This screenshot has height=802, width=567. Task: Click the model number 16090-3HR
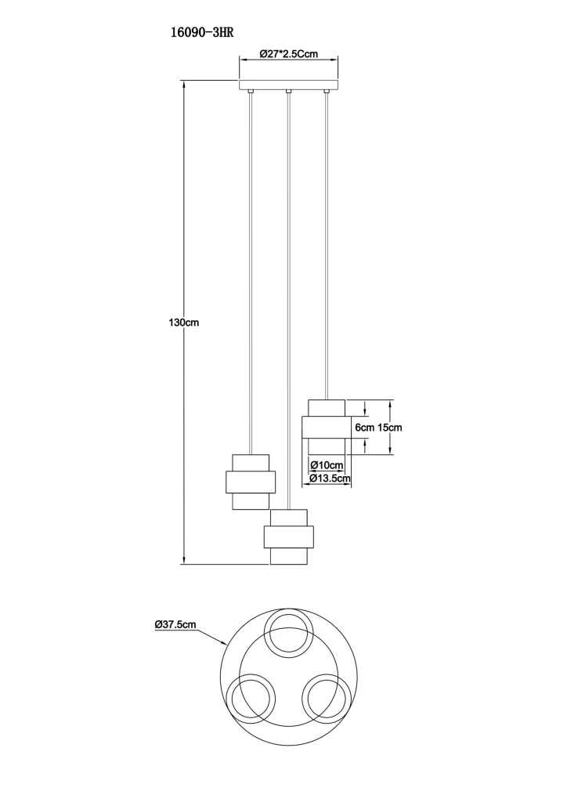click(202, 33)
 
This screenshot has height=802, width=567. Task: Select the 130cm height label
click(184, 323)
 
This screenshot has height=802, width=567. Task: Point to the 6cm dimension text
click(364, 428)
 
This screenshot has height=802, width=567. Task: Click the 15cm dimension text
click(389, 428)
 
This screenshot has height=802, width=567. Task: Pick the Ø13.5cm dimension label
click(329, 478)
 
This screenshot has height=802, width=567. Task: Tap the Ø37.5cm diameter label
click(175, 624)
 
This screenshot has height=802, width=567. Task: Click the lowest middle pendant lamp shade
click(288, 537)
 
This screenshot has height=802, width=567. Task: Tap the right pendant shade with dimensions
click(325, 427)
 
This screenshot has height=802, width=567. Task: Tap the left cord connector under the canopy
click(250, 93)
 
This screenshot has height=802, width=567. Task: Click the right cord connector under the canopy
click(326, 93)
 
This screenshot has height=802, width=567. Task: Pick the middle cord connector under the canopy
click(288, 93)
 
